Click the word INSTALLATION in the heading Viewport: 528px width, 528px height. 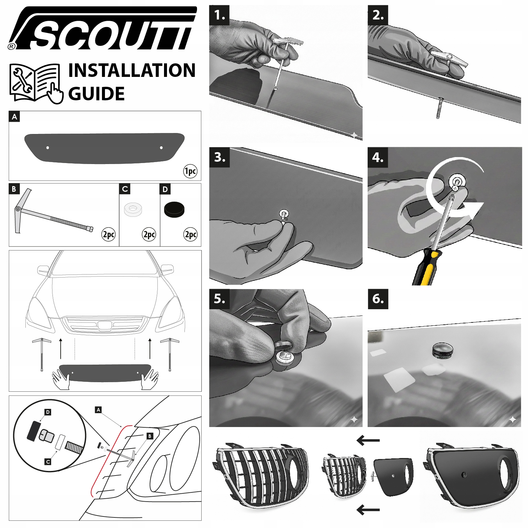132,71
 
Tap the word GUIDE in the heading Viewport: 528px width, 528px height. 96,94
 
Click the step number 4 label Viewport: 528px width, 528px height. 378,157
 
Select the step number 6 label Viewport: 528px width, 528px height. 378,299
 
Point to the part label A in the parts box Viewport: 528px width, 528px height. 14,117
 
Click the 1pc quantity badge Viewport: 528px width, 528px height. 190,171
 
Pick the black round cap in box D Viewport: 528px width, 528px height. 174,210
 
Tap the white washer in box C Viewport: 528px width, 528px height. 133,209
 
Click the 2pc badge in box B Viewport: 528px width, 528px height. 109,234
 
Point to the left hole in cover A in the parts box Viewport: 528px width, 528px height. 48,148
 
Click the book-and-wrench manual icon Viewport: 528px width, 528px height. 36,83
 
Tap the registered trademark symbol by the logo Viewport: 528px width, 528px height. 12,47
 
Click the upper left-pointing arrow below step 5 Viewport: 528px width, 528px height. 368,440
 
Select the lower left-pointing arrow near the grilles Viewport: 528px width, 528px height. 368,510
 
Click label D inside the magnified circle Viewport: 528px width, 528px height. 48,412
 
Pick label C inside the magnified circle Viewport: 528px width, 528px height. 48,462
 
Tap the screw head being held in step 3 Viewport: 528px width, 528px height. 284,214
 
